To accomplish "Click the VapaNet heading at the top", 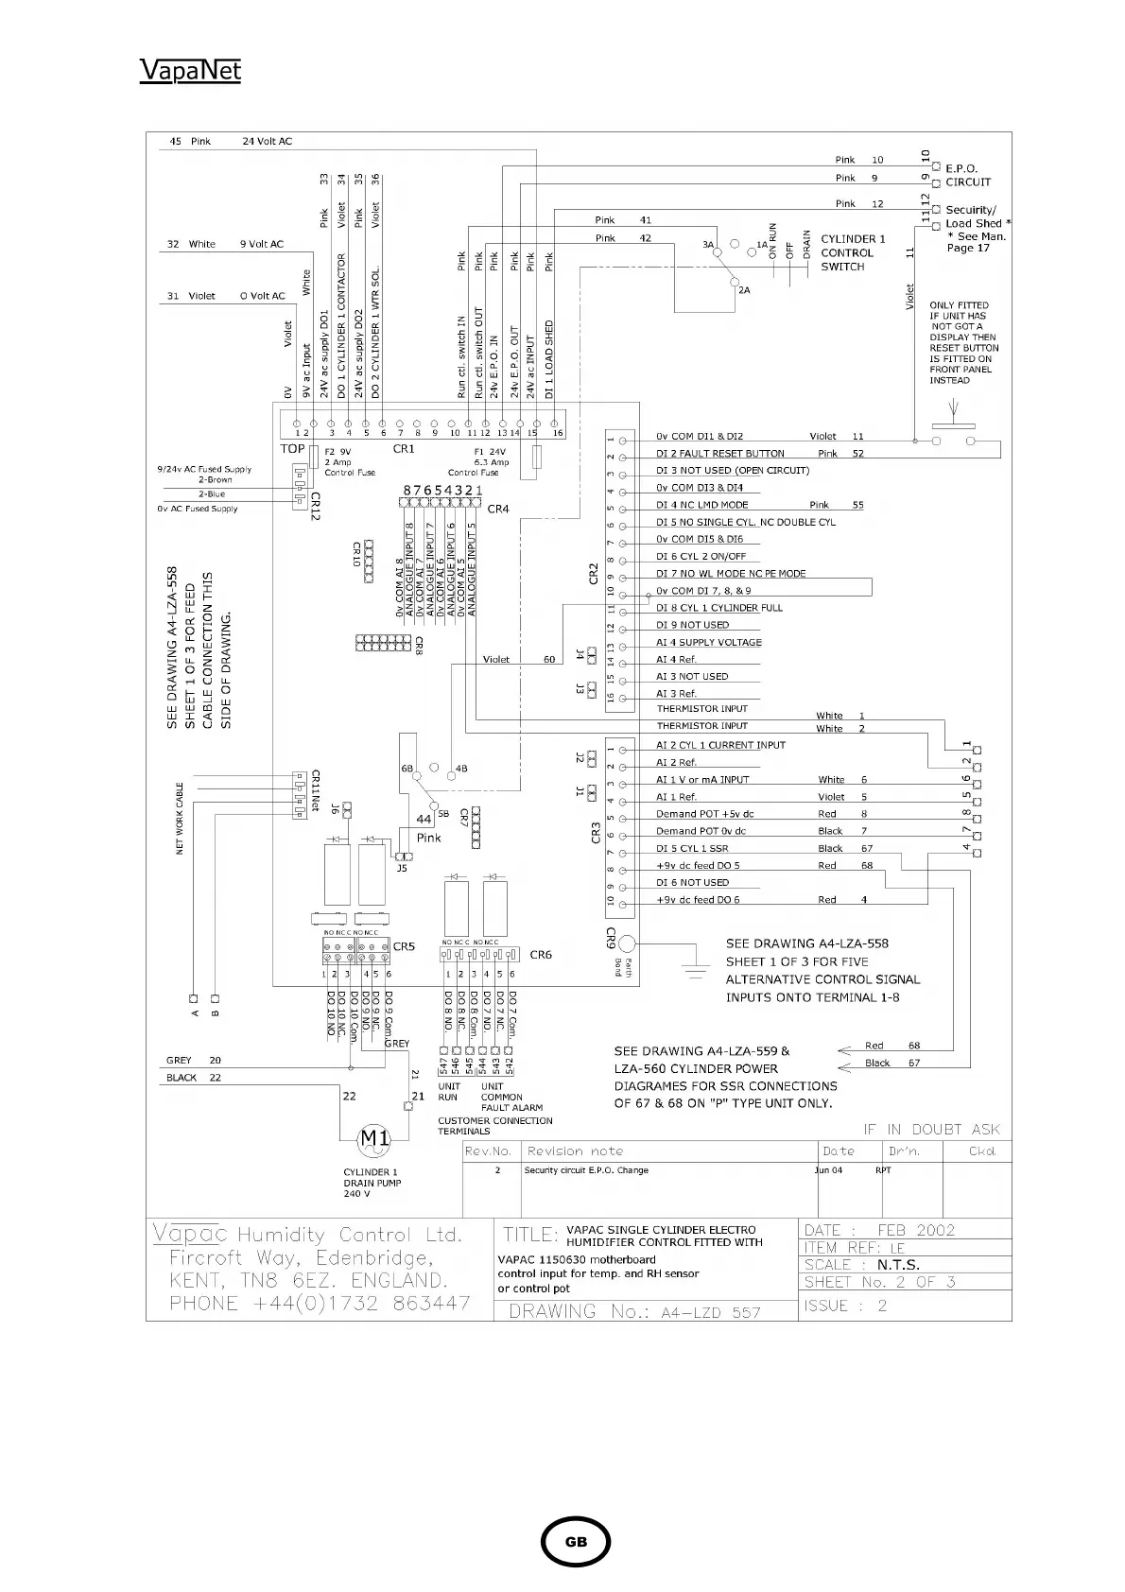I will click(190, 71).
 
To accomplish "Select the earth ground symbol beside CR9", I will click(697, 965).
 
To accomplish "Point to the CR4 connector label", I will click(498, 509).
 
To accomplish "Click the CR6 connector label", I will click(541, 955).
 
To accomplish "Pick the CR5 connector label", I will click(404, 946).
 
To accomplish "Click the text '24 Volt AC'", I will click(268, 142).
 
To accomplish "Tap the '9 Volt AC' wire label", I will click(261, 244).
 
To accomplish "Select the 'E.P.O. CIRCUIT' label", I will click(968, 176).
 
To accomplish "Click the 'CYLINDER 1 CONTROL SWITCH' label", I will click(853, 253).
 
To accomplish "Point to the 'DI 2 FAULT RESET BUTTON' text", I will click(720, 454).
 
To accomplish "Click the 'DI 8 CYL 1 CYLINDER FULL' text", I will click(719, 608).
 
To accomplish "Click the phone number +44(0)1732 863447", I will click(384, 1304).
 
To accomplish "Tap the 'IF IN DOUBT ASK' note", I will click(931, 1130).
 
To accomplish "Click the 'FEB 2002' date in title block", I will click(916, 1230).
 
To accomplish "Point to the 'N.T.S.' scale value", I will click(898, 1265).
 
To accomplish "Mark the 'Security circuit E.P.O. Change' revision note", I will click(586, 1170).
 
